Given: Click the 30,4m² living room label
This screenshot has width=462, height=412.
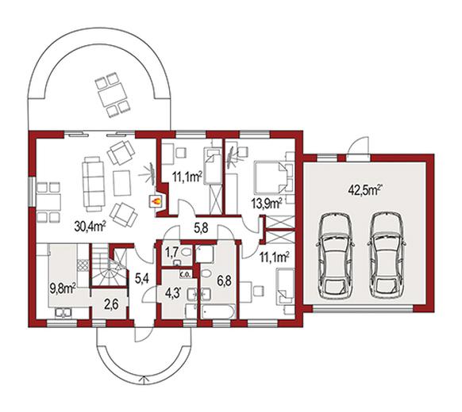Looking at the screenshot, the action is (x=90, y=226).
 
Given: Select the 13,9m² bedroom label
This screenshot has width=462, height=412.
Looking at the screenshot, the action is (x=267, y=203).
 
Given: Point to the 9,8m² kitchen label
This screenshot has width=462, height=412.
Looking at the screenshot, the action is (x=63, y=289).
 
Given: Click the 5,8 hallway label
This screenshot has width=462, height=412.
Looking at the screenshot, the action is (x=201, y=227).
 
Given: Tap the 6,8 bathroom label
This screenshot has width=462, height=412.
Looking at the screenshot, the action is (x=224, y=280).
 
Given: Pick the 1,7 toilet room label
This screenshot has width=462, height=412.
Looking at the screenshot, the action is (x=171, y=251).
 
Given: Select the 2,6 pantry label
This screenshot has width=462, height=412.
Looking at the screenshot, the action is (x=111, y=304).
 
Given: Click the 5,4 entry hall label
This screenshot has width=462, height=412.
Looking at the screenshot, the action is (x=142, y=277).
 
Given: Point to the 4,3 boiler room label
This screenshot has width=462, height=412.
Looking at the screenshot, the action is (x=173, y=293).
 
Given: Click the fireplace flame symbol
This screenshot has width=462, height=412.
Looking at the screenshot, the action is (x=156, y=201).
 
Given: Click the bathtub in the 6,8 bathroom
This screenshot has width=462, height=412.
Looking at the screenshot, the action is (x=218, y=312).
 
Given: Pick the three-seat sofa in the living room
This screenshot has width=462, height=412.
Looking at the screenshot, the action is (x=94, y=184).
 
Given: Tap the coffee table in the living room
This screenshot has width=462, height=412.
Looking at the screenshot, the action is (x=122, y=183).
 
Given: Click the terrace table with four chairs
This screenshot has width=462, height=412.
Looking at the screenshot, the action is (x=113, y=95).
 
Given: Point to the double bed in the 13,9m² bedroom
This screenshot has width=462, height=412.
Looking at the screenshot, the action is (x=269, y=176).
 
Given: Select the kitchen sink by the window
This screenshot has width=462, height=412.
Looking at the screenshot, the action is (x=63, y=312).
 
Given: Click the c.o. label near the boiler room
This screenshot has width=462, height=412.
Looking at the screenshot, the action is (x=186, y=274).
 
